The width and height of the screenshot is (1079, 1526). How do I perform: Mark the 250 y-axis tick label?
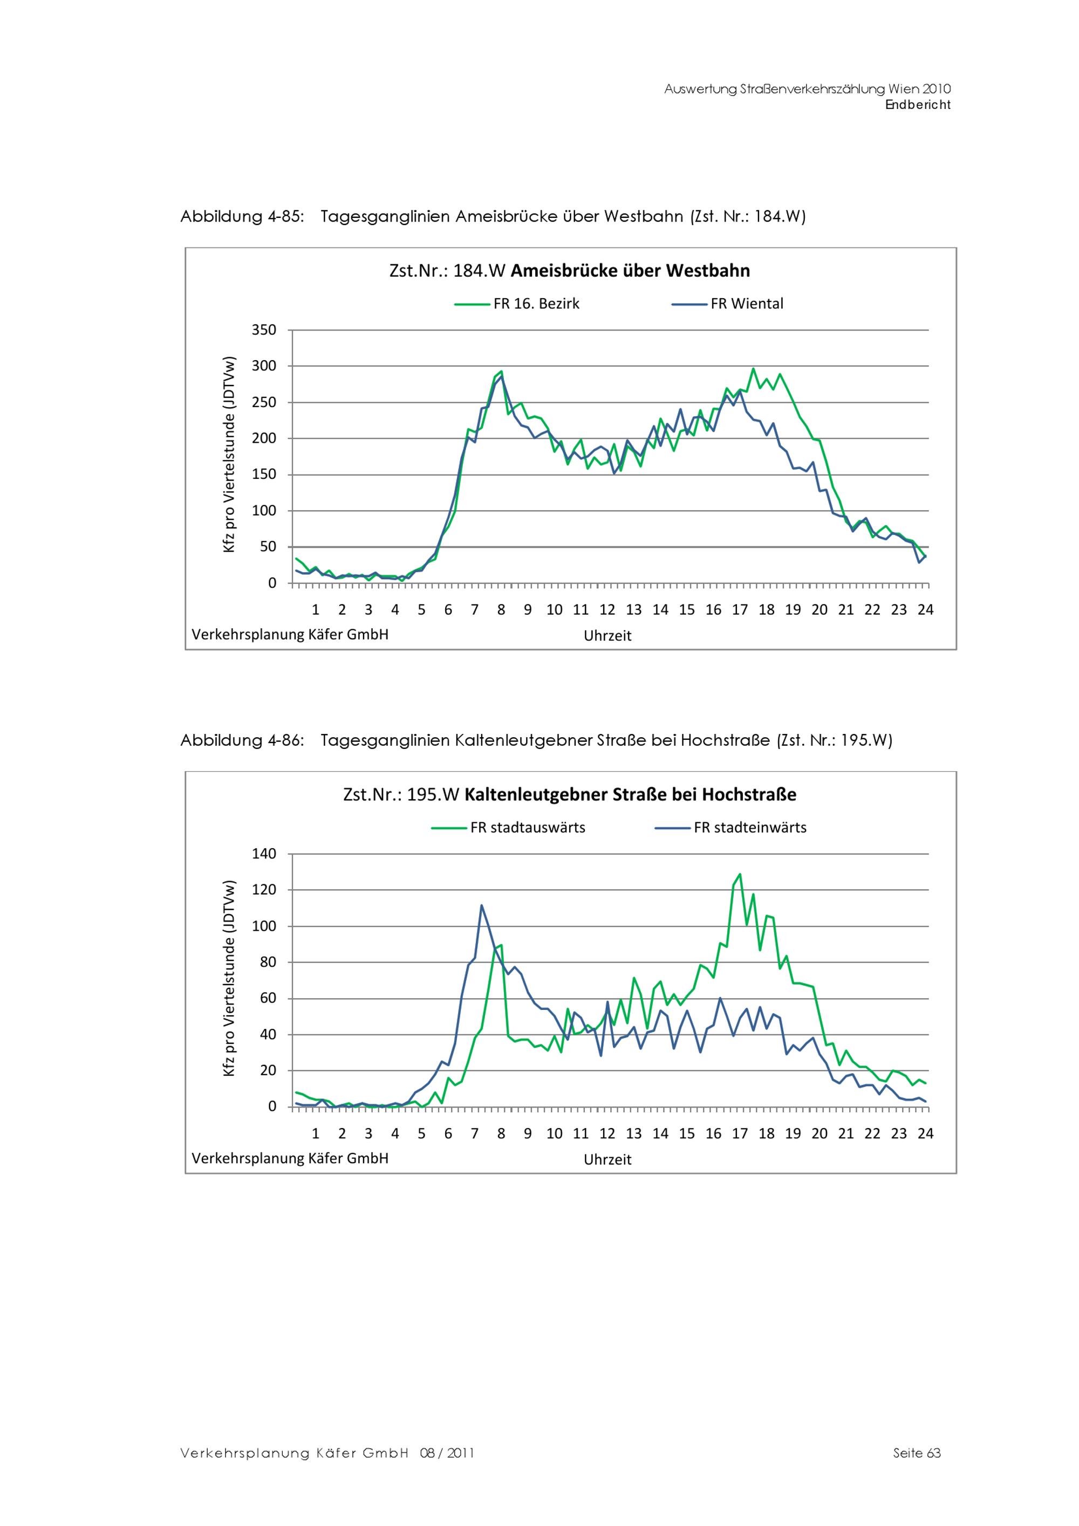point(264,402)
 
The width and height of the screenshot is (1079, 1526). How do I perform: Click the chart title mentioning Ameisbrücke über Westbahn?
point(569,271)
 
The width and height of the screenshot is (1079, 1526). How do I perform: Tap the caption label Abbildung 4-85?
point(242,217)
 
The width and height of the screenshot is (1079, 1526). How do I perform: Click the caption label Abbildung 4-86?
point(242,740)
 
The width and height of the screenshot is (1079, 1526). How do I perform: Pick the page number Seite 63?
point(917,1453)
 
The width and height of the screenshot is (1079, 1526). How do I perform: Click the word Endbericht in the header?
point(918,105)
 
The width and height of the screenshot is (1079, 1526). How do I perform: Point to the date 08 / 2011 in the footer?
point(447,1453)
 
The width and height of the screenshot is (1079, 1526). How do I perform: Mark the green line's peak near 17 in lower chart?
point(740,874)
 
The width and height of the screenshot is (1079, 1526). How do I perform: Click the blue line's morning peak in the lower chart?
point(481,905)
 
